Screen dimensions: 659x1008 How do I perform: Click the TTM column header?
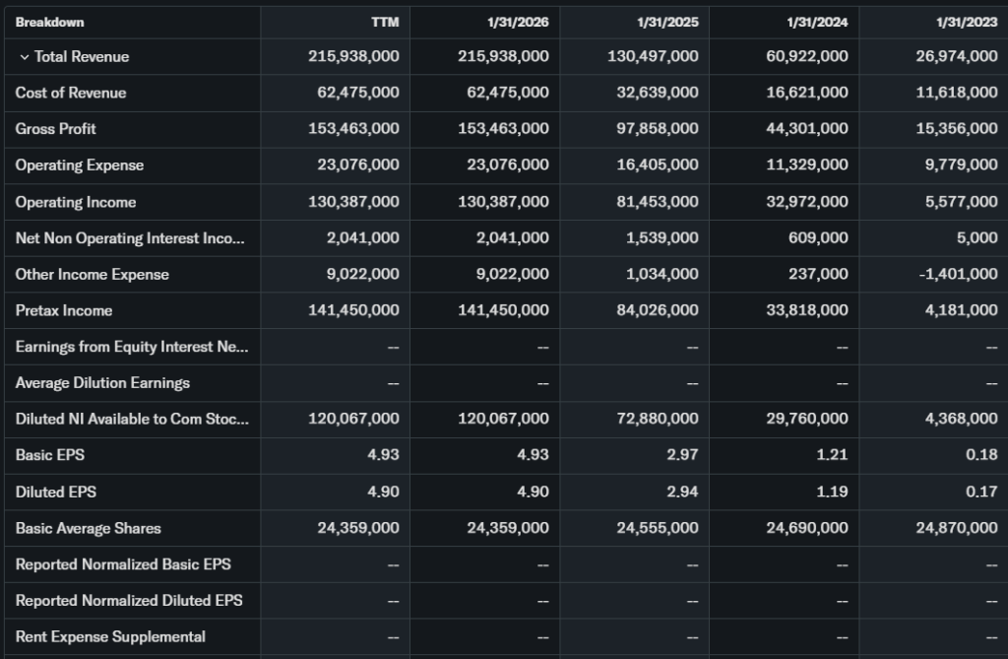pos(386,23)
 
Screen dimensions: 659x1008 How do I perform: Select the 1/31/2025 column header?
pos(667,23)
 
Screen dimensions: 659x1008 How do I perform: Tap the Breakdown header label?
pos(49,22)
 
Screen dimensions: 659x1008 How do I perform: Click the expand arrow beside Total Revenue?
pos(25,57)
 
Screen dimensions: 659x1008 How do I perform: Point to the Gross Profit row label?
pos(56,129)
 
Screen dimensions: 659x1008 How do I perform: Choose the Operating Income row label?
pos(76,202)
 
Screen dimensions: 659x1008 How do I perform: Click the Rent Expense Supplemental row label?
pos(110,636)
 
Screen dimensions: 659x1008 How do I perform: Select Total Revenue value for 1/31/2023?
pos(956,56)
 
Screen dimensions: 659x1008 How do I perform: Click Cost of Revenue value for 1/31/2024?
pos(806,93)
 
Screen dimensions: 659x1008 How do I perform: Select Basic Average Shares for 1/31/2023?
pos(956,528)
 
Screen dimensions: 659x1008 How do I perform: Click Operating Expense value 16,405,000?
pos(657,165)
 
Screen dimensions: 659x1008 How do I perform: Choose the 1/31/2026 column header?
pos(518,23)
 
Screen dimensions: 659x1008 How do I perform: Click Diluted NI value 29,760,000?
pos(806,419)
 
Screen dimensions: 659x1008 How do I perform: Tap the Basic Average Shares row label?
pos(89,528)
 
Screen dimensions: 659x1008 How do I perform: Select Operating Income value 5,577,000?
pos(961,202)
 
